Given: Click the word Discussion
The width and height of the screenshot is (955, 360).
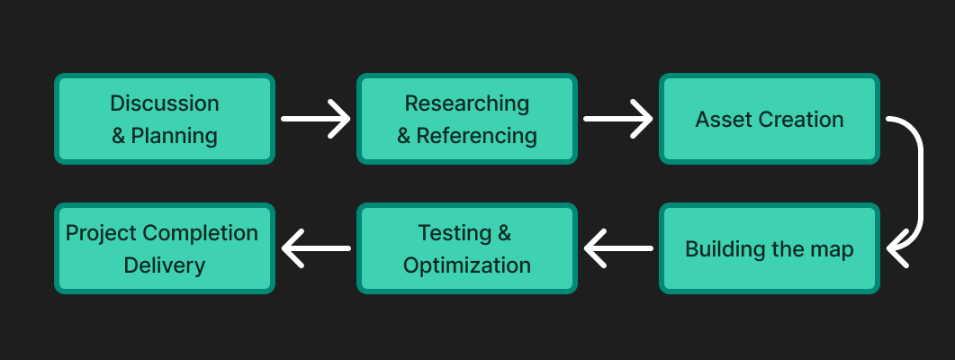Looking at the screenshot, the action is (165, 103).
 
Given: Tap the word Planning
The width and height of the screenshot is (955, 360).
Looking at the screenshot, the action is (175, 136).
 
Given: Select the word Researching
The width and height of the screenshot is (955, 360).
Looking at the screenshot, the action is (467, 103).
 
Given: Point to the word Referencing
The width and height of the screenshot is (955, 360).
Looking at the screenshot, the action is (476, 136).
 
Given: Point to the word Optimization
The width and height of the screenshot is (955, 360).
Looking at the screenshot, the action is (467, 265).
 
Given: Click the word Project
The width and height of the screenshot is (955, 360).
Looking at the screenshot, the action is (101, 233).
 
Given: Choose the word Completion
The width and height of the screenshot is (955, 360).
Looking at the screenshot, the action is (201, 233).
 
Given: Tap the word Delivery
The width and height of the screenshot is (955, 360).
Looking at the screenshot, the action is (165, 265).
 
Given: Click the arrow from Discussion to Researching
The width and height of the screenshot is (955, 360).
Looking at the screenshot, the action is (316, 119).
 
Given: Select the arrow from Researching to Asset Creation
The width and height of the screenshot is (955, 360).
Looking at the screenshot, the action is (618, 119).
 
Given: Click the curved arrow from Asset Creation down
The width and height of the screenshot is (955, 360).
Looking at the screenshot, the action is (920, 183).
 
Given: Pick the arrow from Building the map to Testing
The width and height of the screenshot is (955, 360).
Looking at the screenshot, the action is (618, 248).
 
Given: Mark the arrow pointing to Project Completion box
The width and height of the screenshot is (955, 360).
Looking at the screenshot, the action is (316, 248).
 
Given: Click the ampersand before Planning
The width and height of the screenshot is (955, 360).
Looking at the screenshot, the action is (118, 136).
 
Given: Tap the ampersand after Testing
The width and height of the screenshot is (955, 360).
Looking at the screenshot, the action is (504, 233).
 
